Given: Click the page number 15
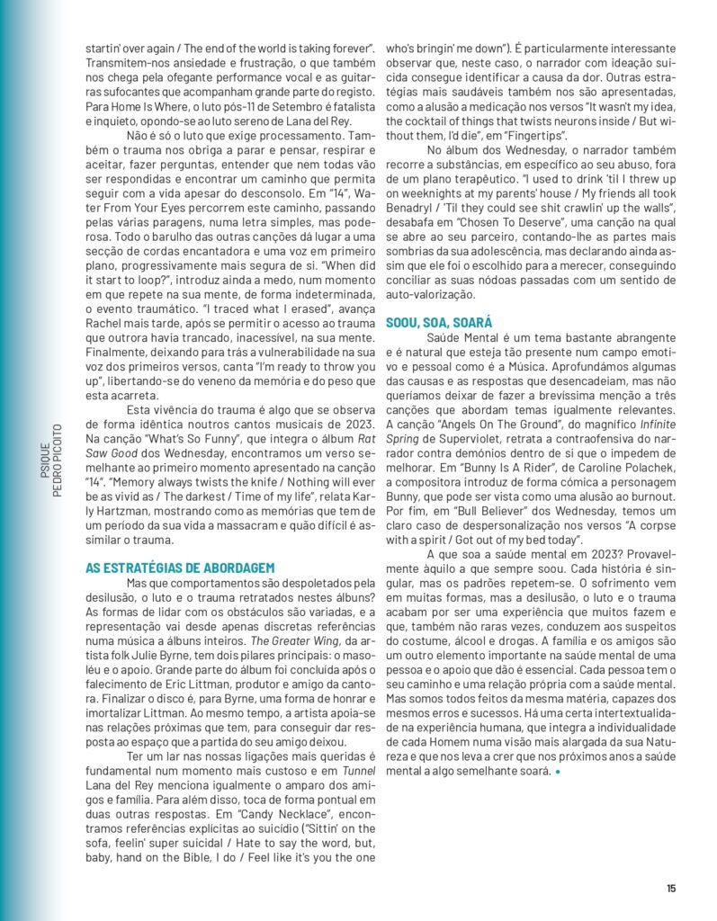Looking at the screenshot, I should coord(671,889).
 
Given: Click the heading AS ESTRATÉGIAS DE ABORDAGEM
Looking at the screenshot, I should coord(180,568).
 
